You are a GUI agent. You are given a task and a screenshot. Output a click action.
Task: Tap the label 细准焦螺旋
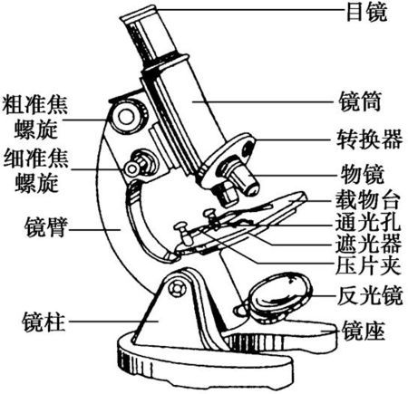35,172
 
